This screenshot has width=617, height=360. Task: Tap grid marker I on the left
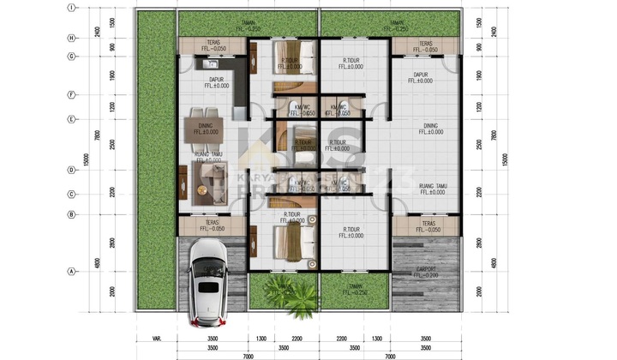click(x=73, y=8)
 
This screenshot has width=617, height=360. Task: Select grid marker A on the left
click(x=73, y=272)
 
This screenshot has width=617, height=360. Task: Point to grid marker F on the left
click(x=73, y=95)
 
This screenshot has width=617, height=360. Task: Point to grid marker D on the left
click(x=73, y=170)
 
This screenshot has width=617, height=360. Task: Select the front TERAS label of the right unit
click(x=424, y=226)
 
